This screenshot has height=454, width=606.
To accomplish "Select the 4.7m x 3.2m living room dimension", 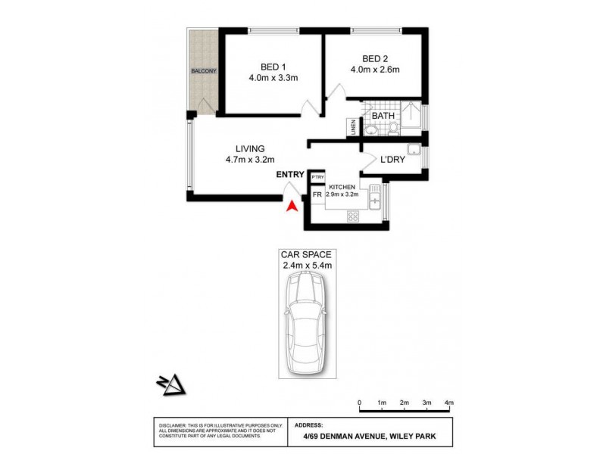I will coord(249,160).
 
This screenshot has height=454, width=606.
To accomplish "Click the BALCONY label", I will coord(204,71).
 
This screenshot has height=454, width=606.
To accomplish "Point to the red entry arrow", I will coord(290,204).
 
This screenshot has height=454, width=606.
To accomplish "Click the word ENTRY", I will coord(290,175).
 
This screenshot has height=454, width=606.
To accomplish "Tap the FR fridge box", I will coord(317,194).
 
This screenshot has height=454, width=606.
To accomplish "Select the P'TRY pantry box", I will coord(317,176).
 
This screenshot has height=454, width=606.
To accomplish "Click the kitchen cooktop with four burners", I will coord(353,216).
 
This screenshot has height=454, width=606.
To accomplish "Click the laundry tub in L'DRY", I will coord(413,149).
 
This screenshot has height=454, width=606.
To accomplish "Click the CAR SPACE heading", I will coord(305,254).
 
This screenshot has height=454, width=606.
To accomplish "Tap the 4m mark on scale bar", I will coord(448,403).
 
